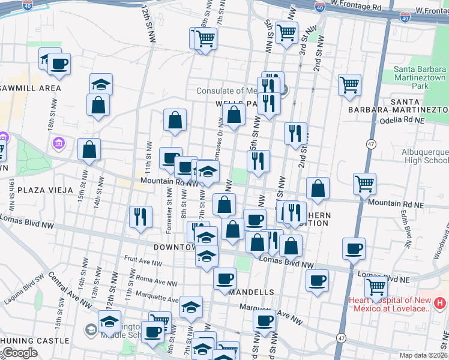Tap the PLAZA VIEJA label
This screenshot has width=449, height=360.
(44, 190)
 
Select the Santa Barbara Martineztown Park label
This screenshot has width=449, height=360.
(420, 77)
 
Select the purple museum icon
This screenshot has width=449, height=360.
(59, 143)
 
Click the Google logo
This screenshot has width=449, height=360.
(19, 353)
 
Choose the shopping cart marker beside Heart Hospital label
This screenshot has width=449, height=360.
(376, 287)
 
